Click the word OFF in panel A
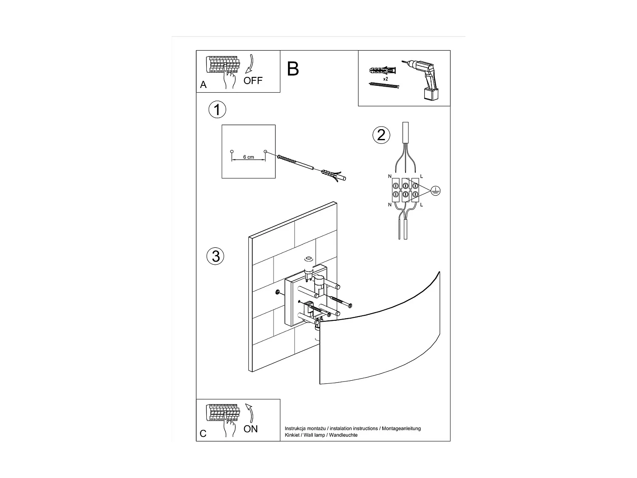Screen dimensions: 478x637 pos(253,80)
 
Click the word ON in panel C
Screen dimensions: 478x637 pos(251,429)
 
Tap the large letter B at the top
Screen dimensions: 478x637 pos(293,69)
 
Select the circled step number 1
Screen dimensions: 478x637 pos(217,110)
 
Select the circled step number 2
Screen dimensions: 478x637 pos(381,135)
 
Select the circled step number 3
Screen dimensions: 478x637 pos(215,256)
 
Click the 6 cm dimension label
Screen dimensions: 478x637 pos(248,157)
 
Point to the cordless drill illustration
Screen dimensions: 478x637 pos(425,79)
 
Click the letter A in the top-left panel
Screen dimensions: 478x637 pos(203,85)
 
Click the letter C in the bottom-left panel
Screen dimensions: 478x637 pos(203,434)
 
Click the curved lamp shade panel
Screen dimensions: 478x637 pos(378,340)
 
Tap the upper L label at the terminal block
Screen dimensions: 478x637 pos(421,176)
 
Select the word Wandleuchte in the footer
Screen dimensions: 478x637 pos(344,435)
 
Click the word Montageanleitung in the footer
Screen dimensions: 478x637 pos(401,428)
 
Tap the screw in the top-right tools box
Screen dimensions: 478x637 pos(384,85)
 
